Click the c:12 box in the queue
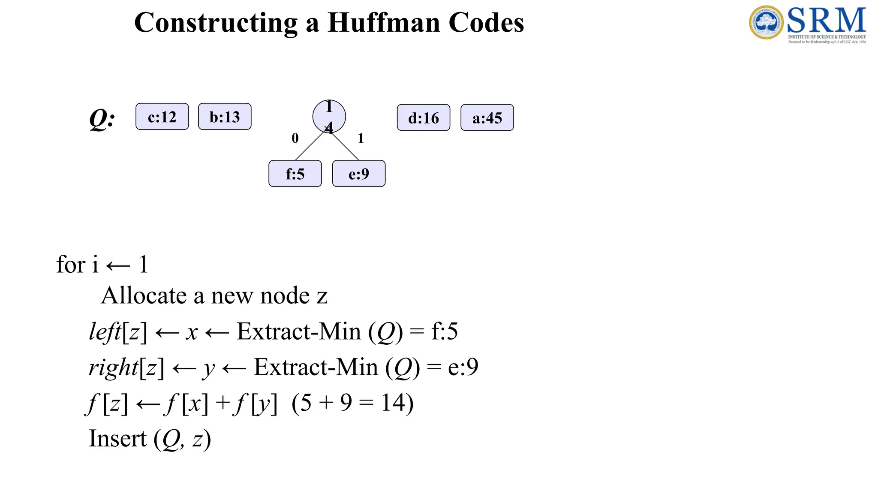click(x=162, y=117)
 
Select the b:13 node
click(x=225, y=117)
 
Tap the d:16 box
click(x=424, y=117)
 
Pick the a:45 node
click(x=487, y=117)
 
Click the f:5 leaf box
click(x=295, y=174)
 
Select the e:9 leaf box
click(x=359, y=174)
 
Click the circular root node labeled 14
click(x=329, y=116)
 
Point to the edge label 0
click(x=295, y=138)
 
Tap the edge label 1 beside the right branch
click(x=361, y=138)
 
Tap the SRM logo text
click(x=826, y=21)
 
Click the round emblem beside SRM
click(x=766, y=22)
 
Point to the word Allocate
click(x=144, y=296)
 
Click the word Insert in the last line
click(x=117, y=439)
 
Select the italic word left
click(x=105, y=331)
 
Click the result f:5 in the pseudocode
click(x=444, y=331)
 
